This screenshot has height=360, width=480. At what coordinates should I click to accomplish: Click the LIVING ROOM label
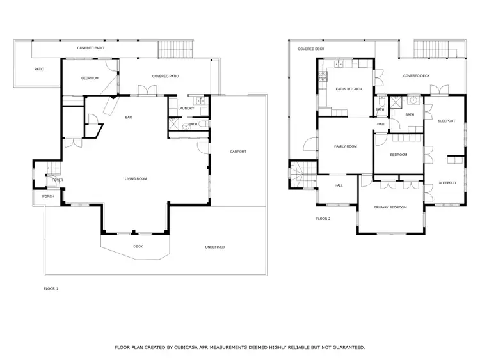pos(136,179)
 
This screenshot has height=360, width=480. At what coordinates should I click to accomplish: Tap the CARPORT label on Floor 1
pos(238,152)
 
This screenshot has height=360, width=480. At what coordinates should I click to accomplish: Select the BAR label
pos(129,118)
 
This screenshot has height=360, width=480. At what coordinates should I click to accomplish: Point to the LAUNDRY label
pos(186,108)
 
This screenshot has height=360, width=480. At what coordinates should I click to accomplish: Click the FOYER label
pos(58,180)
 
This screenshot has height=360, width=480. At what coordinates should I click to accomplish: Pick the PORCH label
pos(49,196)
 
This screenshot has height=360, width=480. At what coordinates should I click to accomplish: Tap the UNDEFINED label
pos(214,247)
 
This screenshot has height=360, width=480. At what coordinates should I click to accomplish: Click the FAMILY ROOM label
pos(345,146)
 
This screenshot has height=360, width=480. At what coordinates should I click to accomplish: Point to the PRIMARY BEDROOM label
pos(390,207)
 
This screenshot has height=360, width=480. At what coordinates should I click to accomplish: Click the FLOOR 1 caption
pos(51,289)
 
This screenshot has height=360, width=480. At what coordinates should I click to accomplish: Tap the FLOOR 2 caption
pos(323,219)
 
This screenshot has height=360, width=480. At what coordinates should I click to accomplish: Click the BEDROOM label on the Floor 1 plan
pos(90,78)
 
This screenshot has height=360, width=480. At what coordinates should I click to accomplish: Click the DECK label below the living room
pos(138,246)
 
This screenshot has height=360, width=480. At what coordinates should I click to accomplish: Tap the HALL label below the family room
pos(339,185)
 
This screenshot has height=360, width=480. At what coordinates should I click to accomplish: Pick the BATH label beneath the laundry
pos(193,124)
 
